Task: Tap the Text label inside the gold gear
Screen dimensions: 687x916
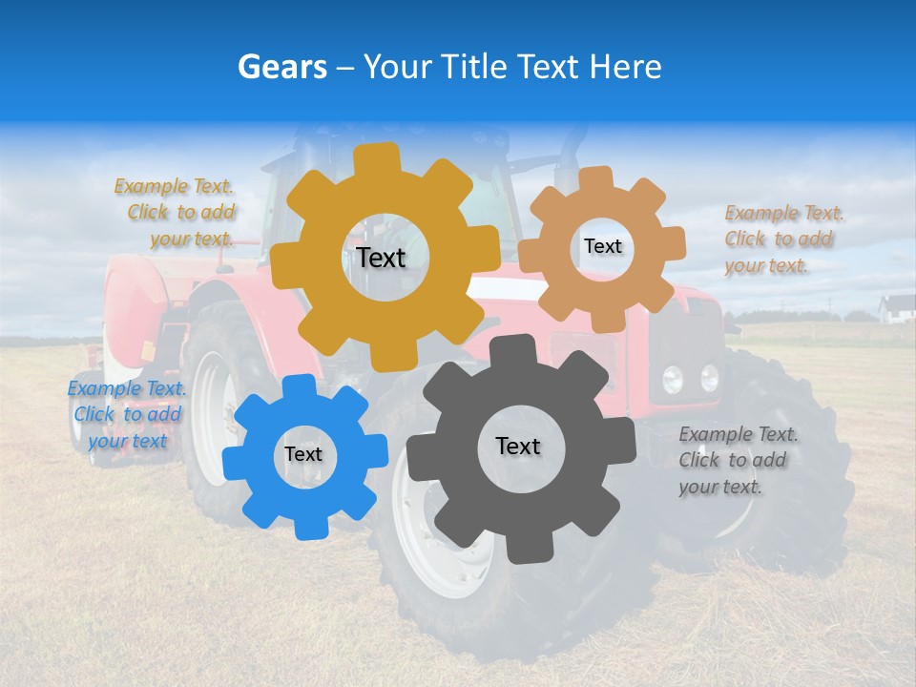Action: [381, 258]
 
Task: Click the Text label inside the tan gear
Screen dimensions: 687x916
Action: [602, 246]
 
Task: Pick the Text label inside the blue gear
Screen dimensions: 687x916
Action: [303, 454]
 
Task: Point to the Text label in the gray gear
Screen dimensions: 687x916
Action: [518, 446]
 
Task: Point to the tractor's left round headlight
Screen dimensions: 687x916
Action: [673, 380]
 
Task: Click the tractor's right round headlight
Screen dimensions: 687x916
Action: [709, 378]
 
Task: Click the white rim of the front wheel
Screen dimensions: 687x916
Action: [420, 534]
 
